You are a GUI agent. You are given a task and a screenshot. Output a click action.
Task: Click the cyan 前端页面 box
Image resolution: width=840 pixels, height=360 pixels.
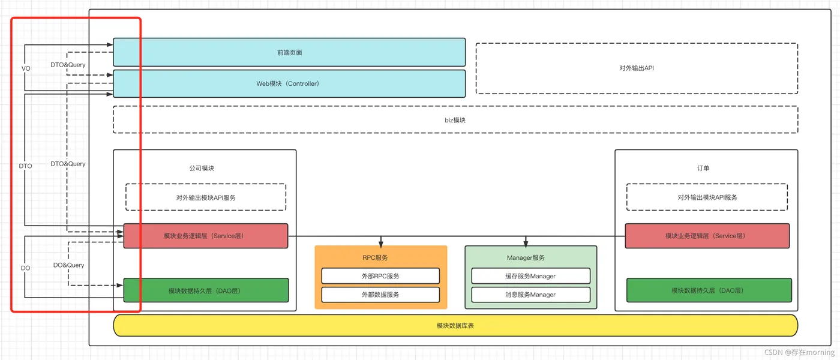pos(289,52)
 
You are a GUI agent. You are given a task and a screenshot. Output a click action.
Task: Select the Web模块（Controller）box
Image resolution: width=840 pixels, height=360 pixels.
pos(289,83)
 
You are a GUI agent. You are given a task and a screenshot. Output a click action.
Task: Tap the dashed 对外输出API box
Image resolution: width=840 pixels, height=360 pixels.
pos(637,68)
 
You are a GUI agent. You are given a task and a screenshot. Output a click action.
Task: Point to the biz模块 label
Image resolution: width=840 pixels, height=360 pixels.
pos(455,120)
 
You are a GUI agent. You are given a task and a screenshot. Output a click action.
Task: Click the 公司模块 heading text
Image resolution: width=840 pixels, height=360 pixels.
pos(202,168)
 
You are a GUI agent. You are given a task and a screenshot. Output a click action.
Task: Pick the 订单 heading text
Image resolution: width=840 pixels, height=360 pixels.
pos(703,168)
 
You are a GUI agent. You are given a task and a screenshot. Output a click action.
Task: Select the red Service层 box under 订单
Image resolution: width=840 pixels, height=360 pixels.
pos(707,236)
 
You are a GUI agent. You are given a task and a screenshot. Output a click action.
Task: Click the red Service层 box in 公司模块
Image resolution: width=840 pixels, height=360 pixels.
pos(206,236)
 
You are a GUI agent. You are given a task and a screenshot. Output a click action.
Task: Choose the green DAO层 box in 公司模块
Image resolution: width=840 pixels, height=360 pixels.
pos(206,290)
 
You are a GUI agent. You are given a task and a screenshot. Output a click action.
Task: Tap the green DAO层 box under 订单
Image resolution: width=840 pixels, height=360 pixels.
pos(709,290)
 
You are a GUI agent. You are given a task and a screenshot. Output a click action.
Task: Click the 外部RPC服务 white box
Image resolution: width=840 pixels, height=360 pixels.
pos(380,276)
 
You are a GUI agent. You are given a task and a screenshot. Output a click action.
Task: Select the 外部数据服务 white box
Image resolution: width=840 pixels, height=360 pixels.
pos(380,295)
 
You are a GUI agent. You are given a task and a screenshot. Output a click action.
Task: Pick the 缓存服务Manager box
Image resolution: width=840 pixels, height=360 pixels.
pos(530,276)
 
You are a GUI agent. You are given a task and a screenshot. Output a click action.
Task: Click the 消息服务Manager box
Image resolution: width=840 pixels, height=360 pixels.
pos(530,295)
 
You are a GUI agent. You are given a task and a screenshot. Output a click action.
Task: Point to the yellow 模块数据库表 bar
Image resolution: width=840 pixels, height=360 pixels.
pos(455,325)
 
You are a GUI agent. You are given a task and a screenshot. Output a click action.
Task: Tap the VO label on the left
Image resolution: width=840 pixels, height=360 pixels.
pos(26,68)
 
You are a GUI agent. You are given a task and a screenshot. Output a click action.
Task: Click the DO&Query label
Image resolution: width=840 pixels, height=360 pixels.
pos(68,265)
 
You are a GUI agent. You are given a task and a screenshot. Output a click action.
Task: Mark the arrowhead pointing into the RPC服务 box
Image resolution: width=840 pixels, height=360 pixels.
pos(380,244)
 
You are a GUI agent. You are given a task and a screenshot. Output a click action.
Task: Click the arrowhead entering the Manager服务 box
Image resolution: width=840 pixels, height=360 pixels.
pos(526,244)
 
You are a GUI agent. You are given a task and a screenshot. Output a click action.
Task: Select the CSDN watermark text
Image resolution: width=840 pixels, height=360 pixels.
pos(799,352)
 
